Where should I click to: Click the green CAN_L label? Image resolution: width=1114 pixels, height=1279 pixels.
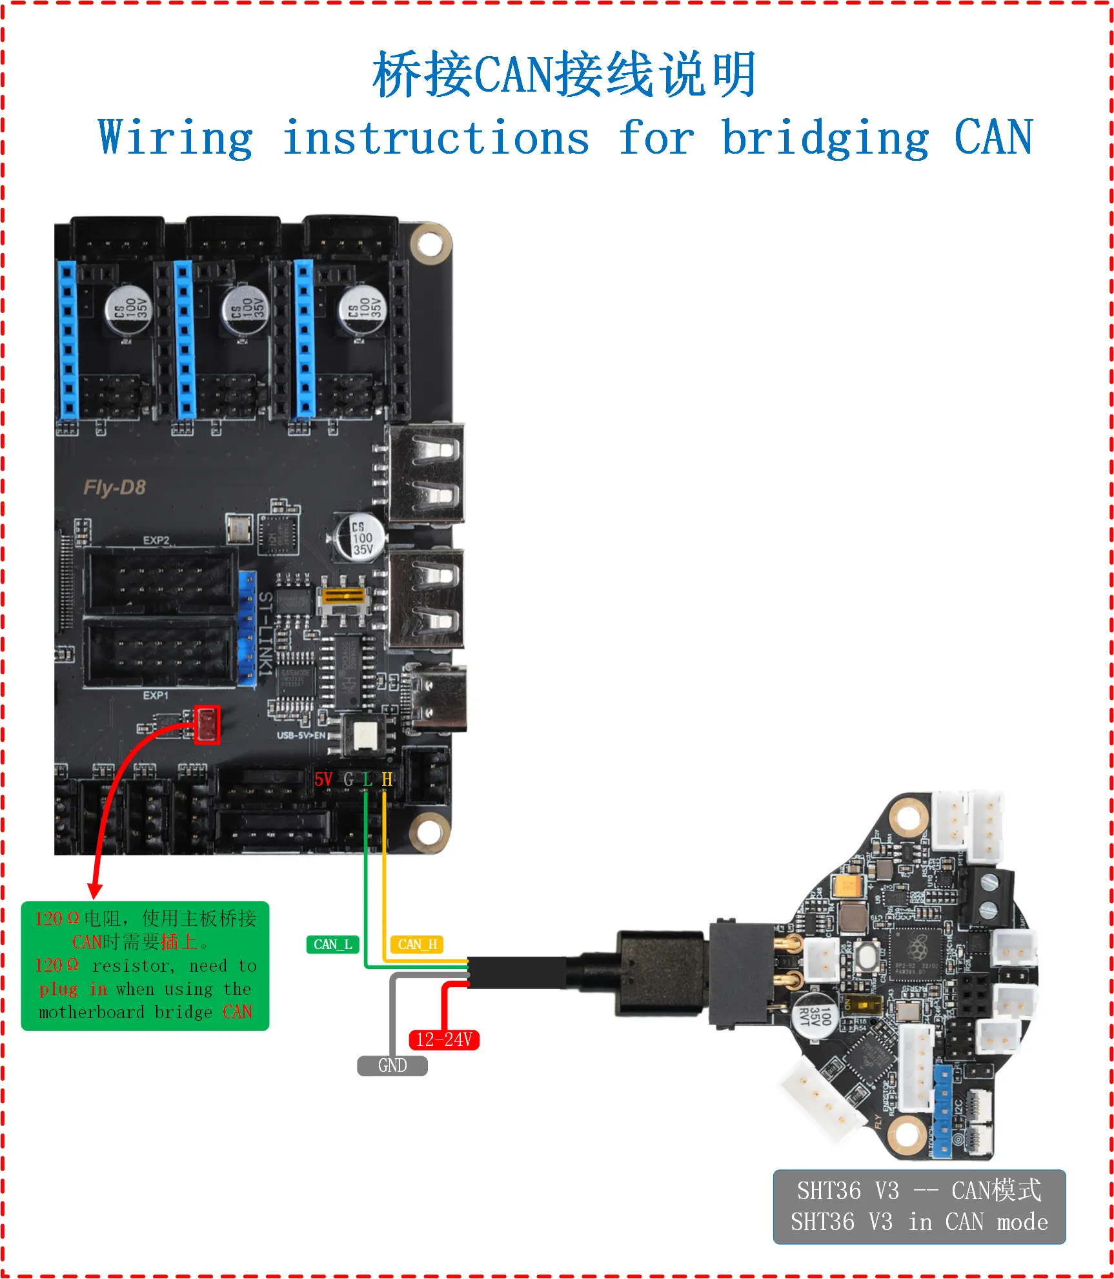[332, 945]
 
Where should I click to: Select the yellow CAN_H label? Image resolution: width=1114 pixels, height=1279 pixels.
[417, 945]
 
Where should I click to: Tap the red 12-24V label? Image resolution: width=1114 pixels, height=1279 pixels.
[444, 1039]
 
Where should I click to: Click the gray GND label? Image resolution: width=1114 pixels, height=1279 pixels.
[392, 1065]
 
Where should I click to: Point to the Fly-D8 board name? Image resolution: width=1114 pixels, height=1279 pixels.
[114, 487]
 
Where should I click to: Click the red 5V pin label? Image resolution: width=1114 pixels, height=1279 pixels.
[323, 780]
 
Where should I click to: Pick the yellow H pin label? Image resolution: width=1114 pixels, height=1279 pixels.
[387, 780]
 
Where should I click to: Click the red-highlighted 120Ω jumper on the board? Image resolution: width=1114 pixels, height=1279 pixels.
[207, 724]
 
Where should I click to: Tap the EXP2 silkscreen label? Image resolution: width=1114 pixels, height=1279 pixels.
[156, 540]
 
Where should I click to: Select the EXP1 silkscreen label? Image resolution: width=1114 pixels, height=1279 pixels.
[156, 695]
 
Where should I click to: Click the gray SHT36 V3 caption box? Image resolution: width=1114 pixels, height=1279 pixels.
[919, 1206]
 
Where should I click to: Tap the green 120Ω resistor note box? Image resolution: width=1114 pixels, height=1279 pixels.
[145, 965]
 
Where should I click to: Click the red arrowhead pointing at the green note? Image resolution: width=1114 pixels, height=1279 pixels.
[95, 890]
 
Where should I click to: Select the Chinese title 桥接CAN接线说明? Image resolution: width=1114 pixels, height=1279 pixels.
[563, 75]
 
